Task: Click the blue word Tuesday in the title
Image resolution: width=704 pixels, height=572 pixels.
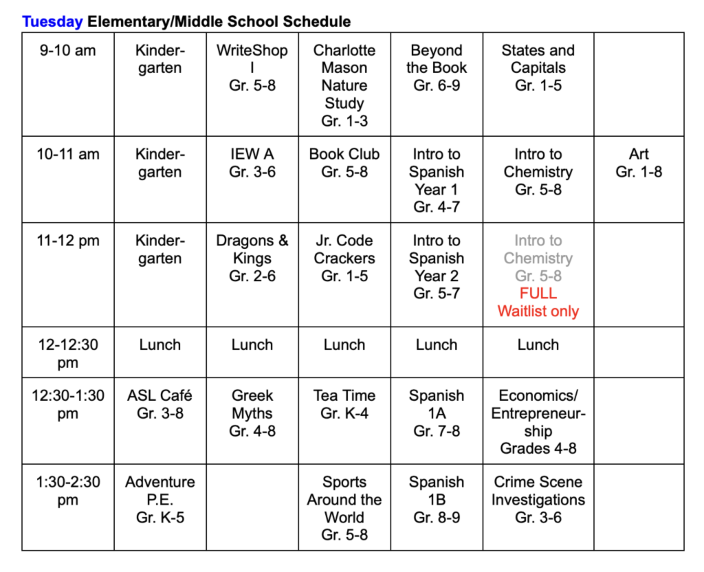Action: (52, 21)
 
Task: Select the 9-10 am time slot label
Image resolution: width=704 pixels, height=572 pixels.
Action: (67, 51)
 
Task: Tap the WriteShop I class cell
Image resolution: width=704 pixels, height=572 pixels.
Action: (252, 68)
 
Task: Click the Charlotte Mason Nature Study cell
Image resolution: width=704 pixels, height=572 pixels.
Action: (344, 85)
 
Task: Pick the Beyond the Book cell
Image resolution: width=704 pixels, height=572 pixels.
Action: (437, 68)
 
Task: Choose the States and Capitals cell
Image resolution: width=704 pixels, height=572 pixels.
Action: (538, 68)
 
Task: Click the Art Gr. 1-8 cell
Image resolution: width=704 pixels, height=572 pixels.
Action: (639, 163)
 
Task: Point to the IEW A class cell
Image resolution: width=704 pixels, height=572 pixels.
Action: (252, 163)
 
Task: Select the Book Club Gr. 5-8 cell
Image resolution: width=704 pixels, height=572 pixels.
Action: (344, 163)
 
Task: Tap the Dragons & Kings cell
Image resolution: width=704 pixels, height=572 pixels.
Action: (252, 258)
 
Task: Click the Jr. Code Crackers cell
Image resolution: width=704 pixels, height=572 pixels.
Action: (344, 258)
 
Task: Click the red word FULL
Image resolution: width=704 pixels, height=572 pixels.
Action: (538, 294)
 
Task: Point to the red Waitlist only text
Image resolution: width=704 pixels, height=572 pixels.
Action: (538, 311)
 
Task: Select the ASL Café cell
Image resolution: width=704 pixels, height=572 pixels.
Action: (160, 404)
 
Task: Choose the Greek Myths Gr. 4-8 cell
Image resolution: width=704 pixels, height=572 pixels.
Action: (252, 413)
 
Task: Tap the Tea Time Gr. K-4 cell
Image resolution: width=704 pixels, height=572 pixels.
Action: (344, 404)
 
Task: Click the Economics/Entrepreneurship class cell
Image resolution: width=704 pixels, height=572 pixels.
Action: (538, 422)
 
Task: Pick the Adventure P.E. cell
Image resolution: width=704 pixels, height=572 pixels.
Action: (160, 500)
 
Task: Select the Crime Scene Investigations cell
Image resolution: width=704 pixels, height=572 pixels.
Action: (538, 500)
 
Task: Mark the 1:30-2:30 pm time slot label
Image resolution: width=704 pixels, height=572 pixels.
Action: (67, 491)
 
